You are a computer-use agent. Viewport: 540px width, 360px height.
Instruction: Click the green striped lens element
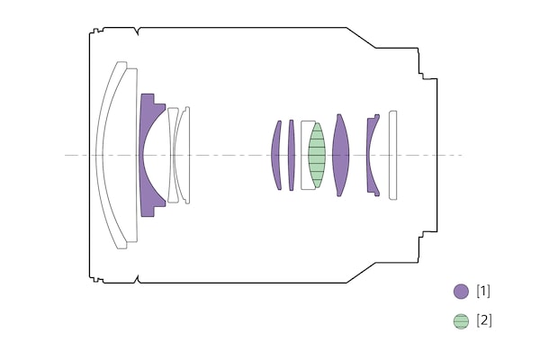pos(317,156)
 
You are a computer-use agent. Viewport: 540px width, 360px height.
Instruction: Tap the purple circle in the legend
pos(461,292)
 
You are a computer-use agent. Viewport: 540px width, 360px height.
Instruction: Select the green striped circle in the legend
pos(461,321)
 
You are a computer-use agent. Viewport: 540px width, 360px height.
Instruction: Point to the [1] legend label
pos(483,292)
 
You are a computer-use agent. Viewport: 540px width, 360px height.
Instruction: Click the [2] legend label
pos(484,320)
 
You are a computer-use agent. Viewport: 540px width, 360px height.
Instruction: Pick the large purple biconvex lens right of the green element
pos(340,156)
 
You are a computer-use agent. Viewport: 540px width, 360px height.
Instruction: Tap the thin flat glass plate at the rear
pos(393,156)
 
